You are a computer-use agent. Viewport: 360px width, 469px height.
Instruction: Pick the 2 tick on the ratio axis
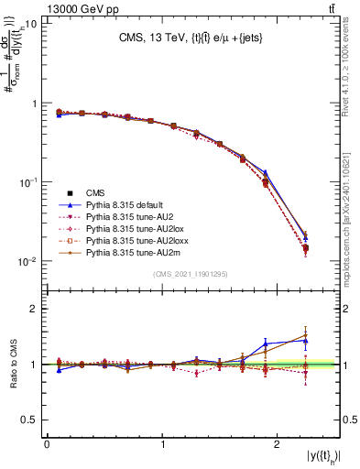[x=35, y=309]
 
